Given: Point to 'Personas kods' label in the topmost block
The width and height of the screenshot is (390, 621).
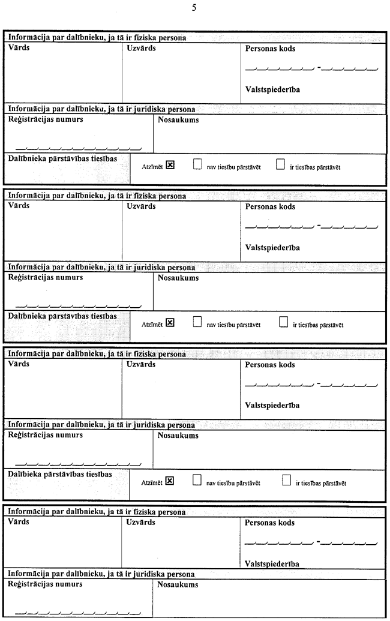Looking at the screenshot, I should (271, 49).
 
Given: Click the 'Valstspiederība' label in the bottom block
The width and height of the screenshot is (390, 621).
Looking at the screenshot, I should (272, 563).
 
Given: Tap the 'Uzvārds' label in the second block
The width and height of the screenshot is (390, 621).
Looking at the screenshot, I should (142, 206).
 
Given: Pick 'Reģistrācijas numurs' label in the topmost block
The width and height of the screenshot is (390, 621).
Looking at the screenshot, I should (46, 119).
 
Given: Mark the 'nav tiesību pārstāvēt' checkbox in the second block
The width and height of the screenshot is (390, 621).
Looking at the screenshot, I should (197, 323).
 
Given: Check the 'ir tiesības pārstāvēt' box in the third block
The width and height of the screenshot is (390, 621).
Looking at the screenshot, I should (286, 480).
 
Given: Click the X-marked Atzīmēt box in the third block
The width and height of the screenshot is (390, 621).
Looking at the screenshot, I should (170, 480).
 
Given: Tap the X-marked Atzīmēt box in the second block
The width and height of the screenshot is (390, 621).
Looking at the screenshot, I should (170, 323).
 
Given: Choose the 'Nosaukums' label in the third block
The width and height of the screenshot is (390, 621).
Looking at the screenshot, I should (178, 435).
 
